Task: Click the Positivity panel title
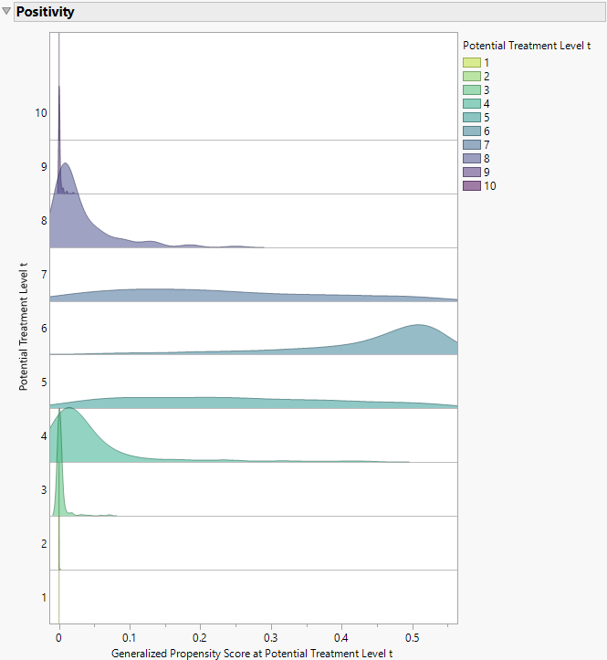(45, 13)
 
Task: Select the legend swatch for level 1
(472, 62)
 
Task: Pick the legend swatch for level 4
(472, 103)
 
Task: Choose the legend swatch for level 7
(472, 144)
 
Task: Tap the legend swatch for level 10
(472, 185)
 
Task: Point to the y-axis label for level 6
(44, 329)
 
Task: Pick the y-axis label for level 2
(44, 544)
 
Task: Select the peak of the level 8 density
(66, 165)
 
